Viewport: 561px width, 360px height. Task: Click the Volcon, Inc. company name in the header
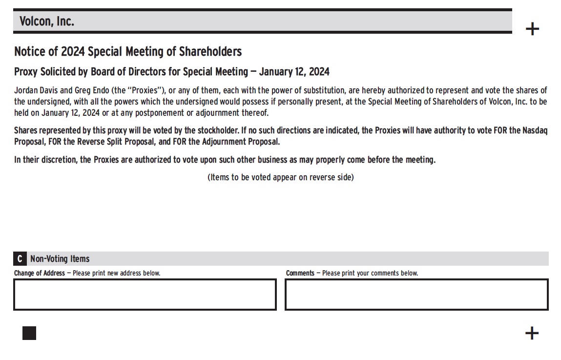pyautogui.click(x=47, y=21)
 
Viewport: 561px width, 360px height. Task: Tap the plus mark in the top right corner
pyautogui.click(x=532, y=29)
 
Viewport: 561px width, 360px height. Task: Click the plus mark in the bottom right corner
pyautogui.click(x=532, y=333)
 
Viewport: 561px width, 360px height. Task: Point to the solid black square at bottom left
pyautogui.click(x=29, y=333)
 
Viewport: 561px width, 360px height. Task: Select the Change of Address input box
pyautogui.click(x=145, y=295)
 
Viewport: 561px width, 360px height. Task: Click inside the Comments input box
pyautogui.click(x=416, y=295)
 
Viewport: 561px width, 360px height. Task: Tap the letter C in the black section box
pyautogui.click(x=20, y=259)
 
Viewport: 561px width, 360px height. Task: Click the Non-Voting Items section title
pyautogui.click(x=60, y=259)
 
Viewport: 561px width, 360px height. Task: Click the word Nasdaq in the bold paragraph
pyautogui.click(x=535, y=131)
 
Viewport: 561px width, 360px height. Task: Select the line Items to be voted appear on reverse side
pyautogui.click(x=280, y=177)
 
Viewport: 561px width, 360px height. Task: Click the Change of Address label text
pyautogui.click(x=39, y=273)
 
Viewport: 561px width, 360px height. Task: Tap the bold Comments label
pyautogui.click(x=300, y=273)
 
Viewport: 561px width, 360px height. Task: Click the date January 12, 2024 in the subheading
pyautogui.click(x=294, y=72)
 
